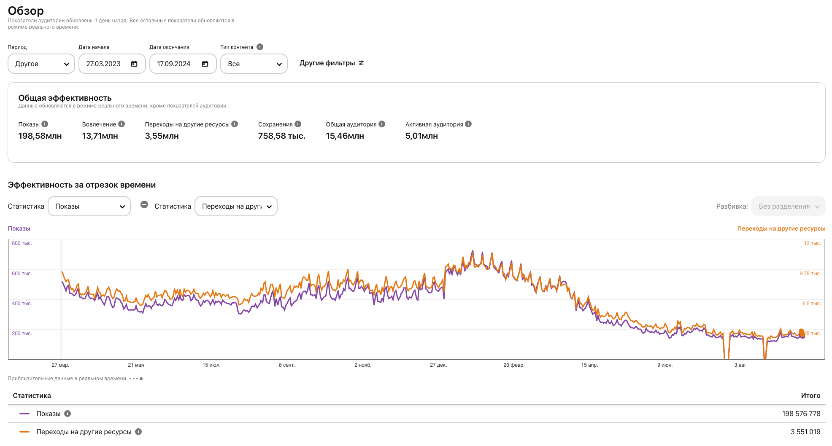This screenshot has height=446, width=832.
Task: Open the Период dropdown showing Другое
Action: (41, 64)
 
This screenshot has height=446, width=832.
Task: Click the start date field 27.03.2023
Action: (104, 64)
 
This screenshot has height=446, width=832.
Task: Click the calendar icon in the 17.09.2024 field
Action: (205, 64)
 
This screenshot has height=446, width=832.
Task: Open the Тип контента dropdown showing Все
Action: (254, 64)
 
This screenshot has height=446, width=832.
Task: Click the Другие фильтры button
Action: (332, 63)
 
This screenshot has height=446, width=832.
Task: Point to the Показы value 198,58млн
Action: (40, 136)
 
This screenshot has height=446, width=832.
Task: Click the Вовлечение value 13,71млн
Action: (100, 136)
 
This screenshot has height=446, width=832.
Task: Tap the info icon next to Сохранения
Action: (298, 124)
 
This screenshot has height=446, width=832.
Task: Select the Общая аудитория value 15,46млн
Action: (345, 136)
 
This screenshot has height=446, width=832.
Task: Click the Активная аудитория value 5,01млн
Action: (421, 136)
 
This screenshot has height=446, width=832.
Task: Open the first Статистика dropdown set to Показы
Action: (89, 206)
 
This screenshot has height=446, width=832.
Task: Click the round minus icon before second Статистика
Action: (144, 204)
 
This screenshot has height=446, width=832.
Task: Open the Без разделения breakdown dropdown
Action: (788, 206)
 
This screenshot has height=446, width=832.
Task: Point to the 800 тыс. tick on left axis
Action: (22, 243)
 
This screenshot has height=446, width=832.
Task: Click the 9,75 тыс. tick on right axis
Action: (810, 274)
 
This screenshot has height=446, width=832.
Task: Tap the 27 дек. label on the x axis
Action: (438, 365)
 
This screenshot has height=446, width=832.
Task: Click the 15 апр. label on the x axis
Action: (589, 365)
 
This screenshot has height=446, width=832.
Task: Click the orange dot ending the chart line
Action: (802, 332)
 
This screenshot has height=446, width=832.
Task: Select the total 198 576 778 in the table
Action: (801, 414)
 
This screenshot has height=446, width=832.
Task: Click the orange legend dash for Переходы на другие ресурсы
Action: (24, 432)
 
